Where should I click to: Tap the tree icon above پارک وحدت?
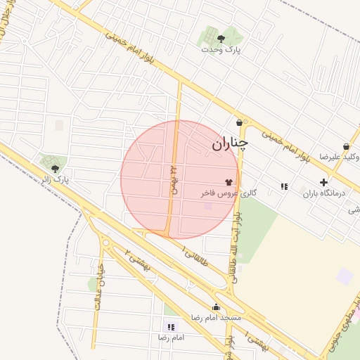pos(221,38)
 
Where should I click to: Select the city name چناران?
pos(230,144)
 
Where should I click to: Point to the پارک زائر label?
pos(56,180)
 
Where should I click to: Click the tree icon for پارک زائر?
pos(55,168)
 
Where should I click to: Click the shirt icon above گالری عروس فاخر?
pos(229,181)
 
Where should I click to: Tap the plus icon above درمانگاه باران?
pos(323,182)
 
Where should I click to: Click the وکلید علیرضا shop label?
pos(342,157)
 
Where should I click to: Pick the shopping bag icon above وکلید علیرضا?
pos(346,146)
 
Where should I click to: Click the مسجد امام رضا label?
pos(217,318)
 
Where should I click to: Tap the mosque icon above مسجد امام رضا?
pos(216,307)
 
